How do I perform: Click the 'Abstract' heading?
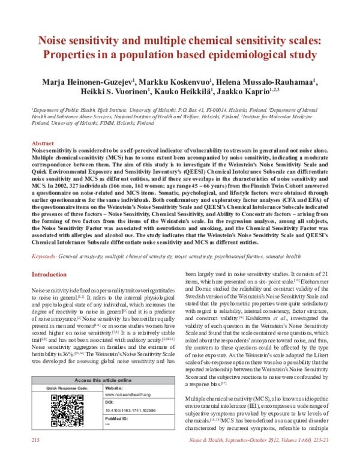click(43, 144)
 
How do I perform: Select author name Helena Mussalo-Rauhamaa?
click(280, 81)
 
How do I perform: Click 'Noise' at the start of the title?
click(56, 40)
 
